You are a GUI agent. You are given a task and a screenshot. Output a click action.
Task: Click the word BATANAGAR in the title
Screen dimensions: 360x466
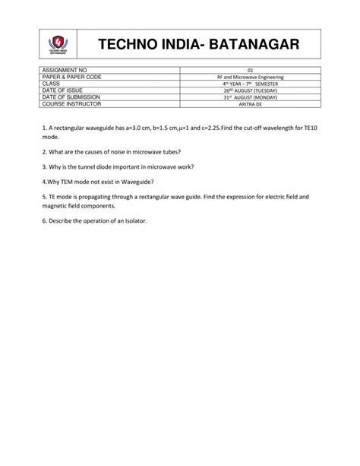[x=251, y=45]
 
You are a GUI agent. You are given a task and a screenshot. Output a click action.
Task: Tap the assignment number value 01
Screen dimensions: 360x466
[x=251, y=71]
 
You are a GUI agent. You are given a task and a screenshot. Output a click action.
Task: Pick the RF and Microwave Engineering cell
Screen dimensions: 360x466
[x=251, y=78]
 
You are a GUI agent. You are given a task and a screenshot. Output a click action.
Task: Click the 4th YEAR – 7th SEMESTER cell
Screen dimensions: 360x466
[x=251, y=84]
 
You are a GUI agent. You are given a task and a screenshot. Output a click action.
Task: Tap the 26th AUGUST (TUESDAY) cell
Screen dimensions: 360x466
[x=251, y=91]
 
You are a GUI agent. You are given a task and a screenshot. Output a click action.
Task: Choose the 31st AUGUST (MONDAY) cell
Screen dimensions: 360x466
[x=251, y=97]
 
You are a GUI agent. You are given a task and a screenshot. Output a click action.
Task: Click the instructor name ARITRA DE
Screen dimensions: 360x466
[x=251, y=104]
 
